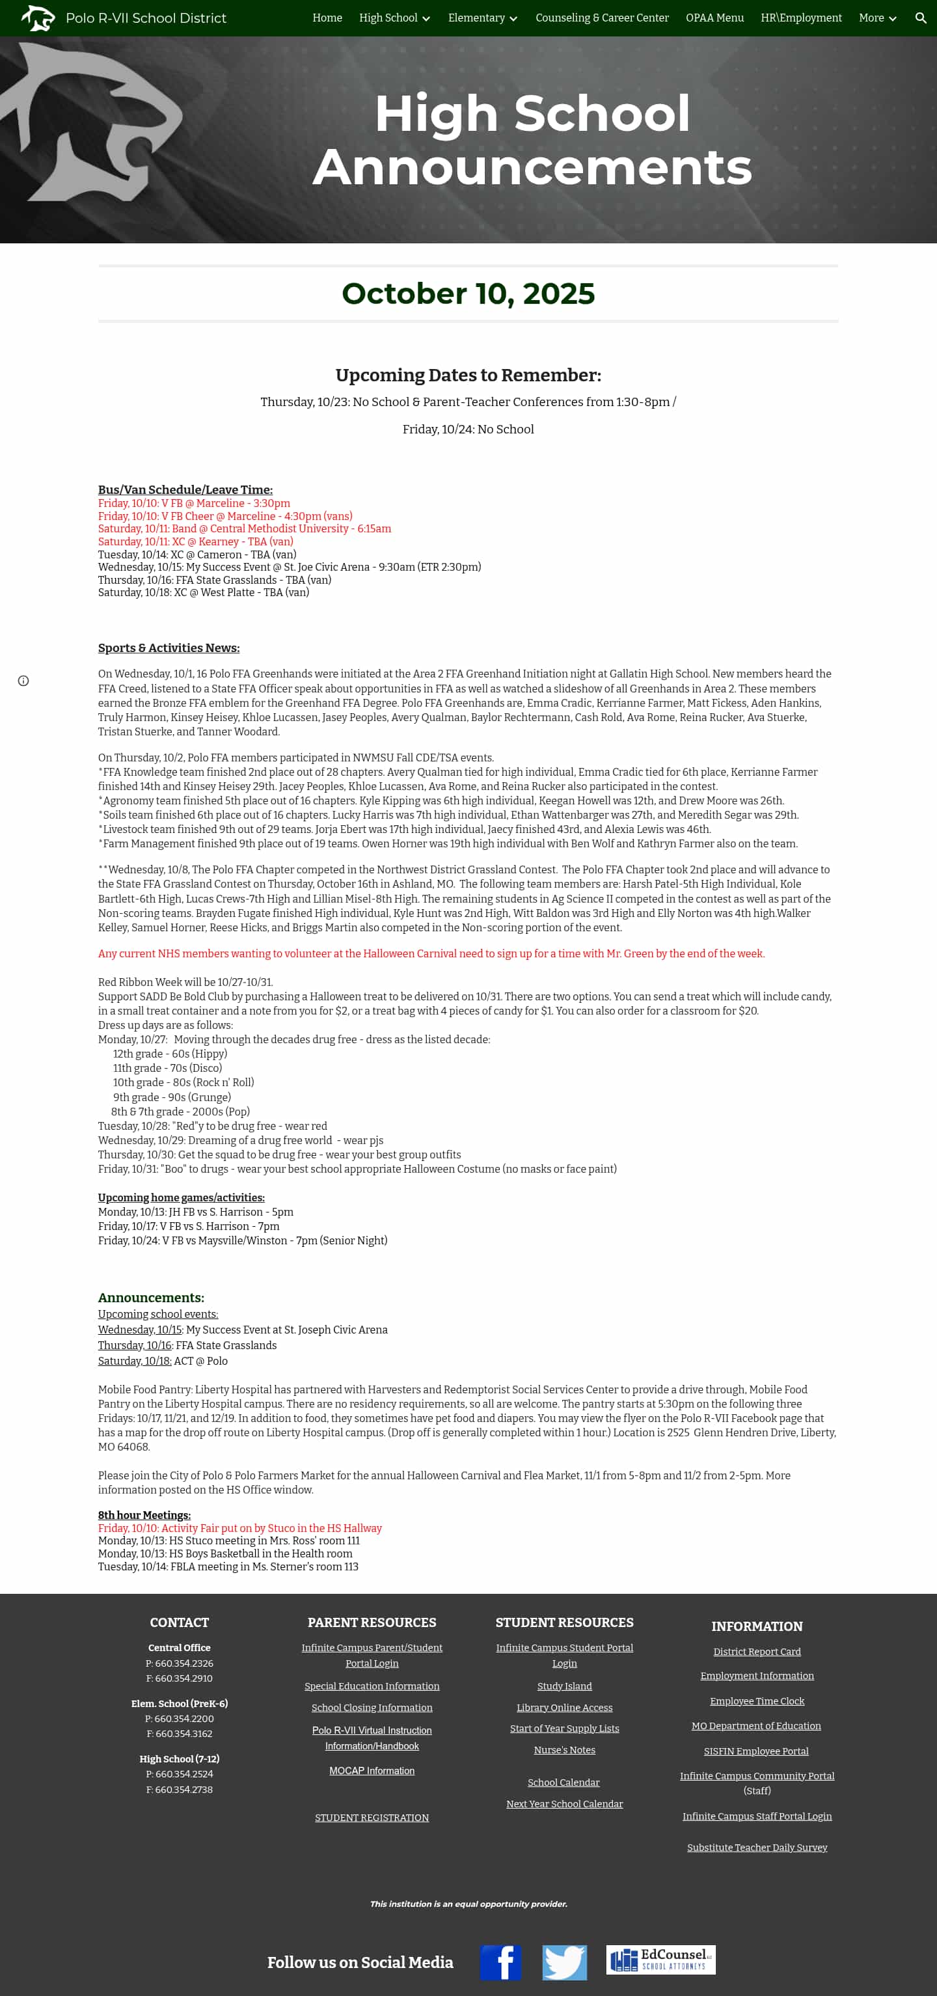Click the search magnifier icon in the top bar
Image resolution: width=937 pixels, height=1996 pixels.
(920, 18)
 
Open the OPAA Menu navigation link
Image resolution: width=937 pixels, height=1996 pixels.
(714, 18)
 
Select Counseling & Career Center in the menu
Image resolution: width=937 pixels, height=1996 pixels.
(601, 18)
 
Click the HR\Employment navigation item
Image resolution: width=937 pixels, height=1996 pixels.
(800, 18)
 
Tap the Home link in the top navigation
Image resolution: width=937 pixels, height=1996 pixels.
(327, 18)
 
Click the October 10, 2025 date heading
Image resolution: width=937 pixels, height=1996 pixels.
(468, 294)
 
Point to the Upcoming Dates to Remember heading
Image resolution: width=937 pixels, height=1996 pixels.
(468, 375)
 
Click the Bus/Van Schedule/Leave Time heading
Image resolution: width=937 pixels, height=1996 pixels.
(185, 489)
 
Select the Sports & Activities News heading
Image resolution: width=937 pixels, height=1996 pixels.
(168, 648)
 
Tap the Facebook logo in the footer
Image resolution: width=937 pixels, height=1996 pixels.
(500, 1962)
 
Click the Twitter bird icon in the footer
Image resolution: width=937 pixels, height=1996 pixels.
(564, 1962)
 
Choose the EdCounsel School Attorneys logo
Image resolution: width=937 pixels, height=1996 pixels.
(660, 1960)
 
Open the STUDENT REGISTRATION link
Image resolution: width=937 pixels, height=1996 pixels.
(372, 1817)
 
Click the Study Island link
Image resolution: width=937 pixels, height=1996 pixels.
(564, 1686)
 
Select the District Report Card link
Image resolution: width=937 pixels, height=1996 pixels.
(756, 1651)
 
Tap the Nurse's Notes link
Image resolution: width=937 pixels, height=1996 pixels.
(564, 1749)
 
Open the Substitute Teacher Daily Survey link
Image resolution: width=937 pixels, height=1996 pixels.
(756, 1847)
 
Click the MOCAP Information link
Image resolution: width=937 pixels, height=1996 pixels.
(372, 1771)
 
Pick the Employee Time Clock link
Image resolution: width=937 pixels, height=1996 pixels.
(756, 1701)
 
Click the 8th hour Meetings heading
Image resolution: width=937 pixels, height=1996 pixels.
(144, 1515)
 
